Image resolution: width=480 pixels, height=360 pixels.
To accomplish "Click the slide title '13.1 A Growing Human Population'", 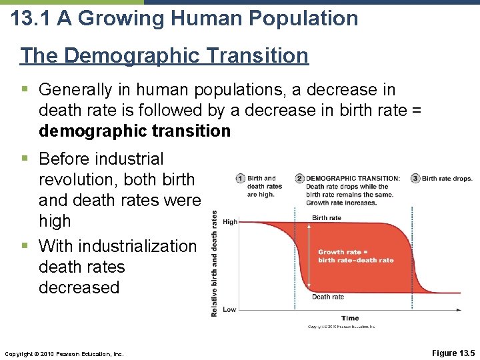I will [x=185, y=18].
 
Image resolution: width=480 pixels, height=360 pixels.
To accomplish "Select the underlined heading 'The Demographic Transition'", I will [x=165, y=55].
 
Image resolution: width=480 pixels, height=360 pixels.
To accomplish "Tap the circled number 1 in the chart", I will [x=239, y=179].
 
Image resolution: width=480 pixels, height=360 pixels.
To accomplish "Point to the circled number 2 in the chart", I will [x=300, y=179].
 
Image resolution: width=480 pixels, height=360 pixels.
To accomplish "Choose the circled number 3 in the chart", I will [x=415, y=179].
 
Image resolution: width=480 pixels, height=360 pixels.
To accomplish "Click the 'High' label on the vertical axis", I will [x=229, y=222].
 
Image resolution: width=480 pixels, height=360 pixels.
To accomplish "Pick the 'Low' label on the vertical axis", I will [x=229, y=309].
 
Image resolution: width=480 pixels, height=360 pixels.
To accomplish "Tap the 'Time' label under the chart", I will [x=350, y=318].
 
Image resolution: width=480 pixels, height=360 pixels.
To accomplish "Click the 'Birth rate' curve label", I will [x=327, y=218].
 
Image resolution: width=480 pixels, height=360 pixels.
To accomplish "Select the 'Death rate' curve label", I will [x=328, y=297].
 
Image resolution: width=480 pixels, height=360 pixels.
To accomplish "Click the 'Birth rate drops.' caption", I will [x=447, y=179].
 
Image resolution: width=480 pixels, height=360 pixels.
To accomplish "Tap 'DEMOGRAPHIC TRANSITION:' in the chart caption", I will [x=353, y=179].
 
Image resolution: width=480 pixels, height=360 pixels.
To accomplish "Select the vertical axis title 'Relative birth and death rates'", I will [x=214, y=263].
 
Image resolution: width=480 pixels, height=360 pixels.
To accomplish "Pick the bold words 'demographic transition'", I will [x=135, y=131].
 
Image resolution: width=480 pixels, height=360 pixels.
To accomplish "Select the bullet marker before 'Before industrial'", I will [x=25, y=159].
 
